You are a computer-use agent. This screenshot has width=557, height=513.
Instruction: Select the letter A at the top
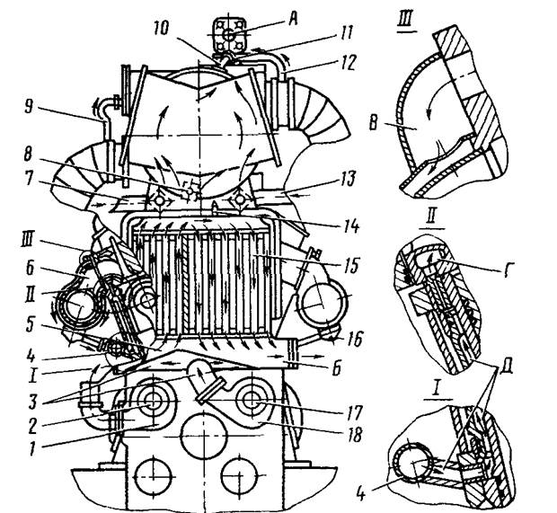click(292, 19)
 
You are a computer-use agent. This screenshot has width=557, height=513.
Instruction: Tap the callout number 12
click(346, 64)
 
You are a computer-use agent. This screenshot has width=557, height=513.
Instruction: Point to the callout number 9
click(30, 107)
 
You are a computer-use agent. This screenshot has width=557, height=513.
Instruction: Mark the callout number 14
click(350, 226)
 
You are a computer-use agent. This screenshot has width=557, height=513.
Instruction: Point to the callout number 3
click(32, 402)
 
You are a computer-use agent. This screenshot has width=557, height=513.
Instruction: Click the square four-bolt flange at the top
click(229, 35)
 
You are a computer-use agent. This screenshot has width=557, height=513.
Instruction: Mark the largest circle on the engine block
click(204, 436)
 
